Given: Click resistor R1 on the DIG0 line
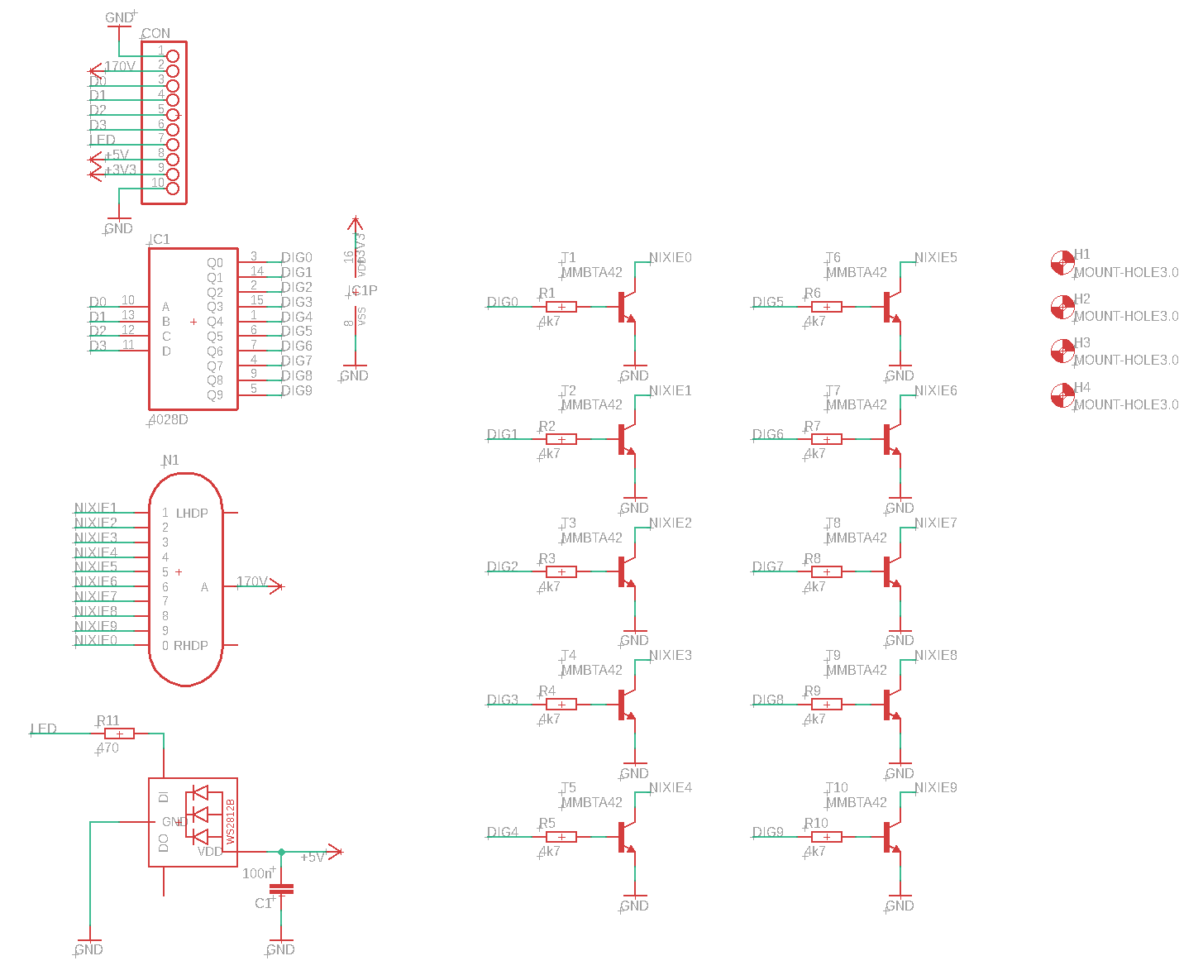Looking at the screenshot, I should point(561,307).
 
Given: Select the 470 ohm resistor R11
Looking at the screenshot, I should point(119,734).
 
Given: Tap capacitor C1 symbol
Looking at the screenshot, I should point(281,890).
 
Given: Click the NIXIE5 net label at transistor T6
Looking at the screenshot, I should point(935,257).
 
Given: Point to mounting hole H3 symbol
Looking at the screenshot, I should point(1062,351).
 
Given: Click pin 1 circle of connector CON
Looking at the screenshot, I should point(173,56).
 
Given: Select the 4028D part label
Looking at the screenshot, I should point(169,419).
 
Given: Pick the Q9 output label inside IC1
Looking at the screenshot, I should point(215,394).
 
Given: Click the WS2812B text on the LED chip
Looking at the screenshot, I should point(231,820).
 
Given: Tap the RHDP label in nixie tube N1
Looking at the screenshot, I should point(191,645).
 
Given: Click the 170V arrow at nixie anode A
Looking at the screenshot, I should point(277,586).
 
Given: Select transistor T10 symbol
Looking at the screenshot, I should point(891,837).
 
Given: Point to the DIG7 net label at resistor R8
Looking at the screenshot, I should point(767,566).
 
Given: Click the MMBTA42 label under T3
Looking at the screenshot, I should point(591,538).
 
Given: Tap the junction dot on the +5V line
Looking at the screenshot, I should point(281,852).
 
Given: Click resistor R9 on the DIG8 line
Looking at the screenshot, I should point(827,705).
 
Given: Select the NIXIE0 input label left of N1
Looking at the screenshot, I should point(96,640).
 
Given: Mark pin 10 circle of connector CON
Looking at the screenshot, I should point(173,189).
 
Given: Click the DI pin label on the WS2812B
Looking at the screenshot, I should point(164,796).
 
